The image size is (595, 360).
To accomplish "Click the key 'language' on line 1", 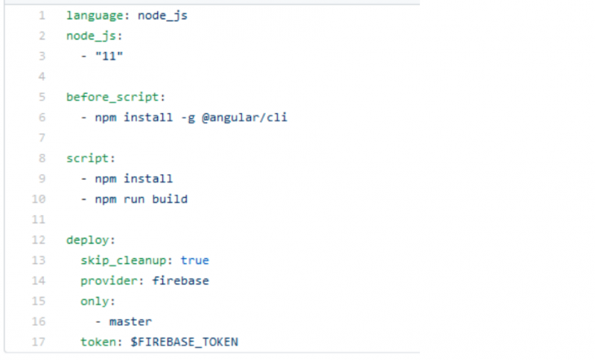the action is click(x=95, y=16).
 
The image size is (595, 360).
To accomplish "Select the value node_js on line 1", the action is click(x=162, y=16).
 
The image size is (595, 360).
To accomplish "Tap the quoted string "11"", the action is click(x=109, y=56).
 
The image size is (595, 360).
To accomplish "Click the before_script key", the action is click(x=112, y=98).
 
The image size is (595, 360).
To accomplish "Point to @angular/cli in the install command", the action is click(x=245, y=117).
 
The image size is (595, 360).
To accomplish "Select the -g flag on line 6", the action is click(x=187, y=118).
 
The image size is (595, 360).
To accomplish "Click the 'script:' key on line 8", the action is click(x=90, y=159).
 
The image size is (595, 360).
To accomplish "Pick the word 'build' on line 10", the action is click(x=170, y=199).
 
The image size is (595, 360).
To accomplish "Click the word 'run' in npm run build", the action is click(x=134, y=200).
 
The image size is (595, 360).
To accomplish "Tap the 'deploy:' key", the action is click(x=90, y=240).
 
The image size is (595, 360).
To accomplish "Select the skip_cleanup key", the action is click(x=123, y=261).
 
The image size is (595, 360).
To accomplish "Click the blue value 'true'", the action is click(x=195, y=261).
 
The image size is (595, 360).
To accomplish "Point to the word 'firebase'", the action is click(x=181, y=281).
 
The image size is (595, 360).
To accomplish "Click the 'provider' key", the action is click(x=108, y=281).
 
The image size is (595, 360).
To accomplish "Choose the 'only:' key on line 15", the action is click(x=98, y=301).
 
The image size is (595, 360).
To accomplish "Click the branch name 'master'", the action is click(x=130, y=322).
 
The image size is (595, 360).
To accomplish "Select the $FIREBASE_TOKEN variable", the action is click(x=184, y=342).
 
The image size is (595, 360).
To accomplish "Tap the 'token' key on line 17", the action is click(x=98, y=342).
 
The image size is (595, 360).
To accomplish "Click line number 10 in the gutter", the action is click(x=38, y=200).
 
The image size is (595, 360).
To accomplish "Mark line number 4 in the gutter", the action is click(x=42, y=77).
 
